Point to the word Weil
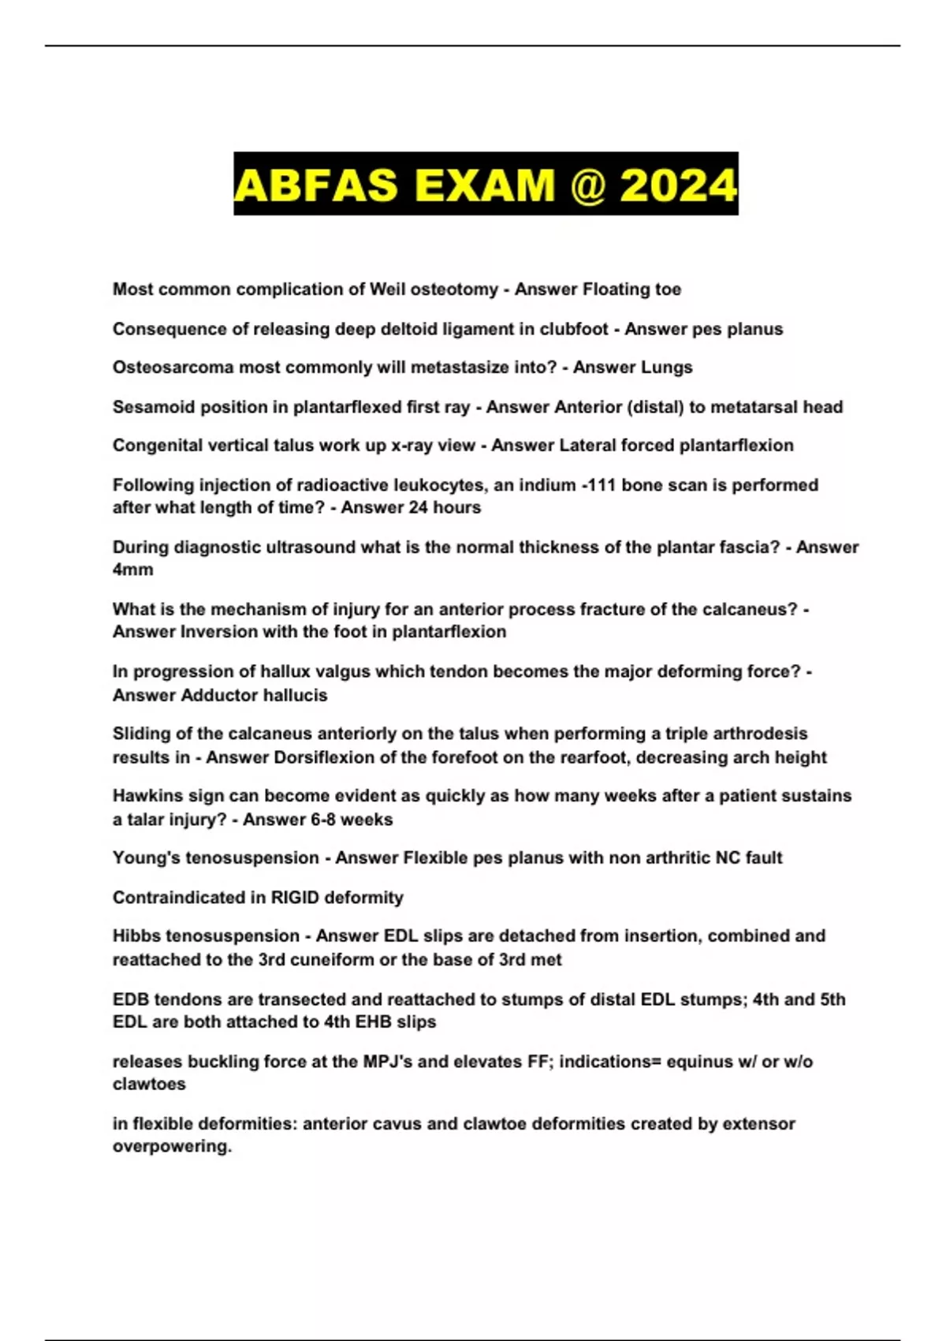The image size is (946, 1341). tap(388, 289)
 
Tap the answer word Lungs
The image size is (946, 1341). tap(667, 368)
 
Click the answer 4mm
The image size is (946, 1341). tap(132, 570)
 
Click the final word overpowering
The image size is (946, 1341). tap(172, 1146)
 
